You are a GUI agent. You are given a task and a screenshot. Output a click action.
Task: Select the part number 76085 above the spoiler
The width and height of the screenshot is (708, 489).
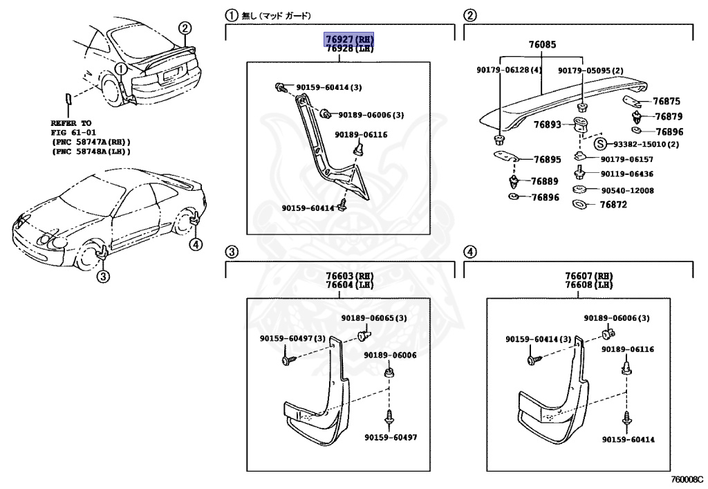click(542, 45)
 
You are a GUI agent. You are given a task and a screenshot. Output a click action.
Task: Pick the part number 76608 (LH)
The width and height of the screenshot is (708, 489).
click(588, 285)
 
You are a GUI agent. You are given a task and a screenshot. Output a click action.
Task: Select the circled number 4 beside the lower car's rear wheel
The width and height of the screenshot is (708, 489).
click(196, 243)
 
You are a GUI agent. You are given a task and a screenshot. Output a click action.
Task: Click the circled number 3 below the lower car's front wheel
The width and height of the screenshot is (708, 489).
click(102, 277)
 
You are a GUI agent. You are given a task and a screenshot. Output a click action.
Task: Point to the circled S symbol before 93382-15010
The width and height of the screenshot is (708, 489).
click(600, 144)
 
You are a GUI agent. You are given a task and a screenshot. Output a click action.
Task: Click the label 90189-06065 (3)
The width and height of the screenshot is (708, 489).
click(373, 318)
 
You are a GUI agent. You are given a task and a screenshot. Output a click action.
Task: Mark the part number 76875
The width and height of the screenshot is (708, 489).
click(667, 101)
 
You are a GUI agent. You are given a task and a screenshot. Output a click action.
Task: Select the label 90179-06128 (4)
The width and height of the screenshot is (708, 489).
click(509, 70)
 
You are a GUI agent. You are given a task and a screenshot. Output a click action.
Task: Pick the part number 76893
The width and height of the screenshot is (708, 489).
click(547, 125)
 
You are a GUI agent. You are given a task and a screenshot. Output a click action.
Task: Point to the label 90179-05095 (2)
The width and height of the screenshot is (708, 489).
click(590, 70)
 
